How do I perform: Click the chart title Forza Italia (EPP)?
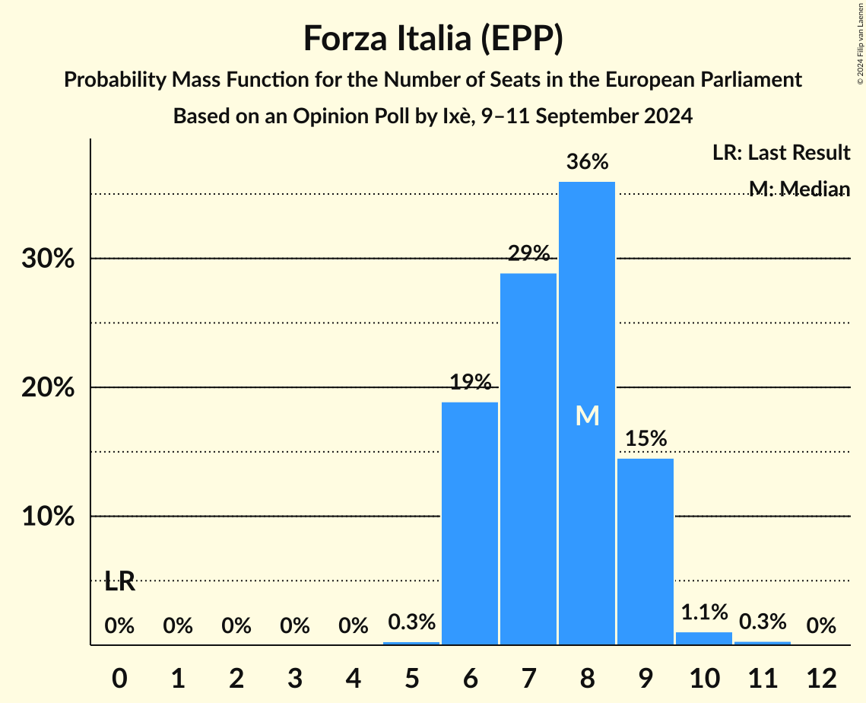pos(433,38)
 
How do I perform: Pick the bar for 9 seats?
pos(646,552)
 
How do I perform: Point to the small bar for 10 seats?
pos(704,638)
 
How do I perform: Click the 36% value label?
pos(587,162)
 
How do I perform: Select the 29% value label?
pos(528,253)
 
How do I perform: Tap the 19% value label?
pos(470,383)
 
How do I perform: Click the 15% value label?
pos(646,439)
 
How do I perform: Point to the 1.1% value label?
pos(704,612)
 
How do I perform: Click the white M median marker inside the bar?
pos(587,415)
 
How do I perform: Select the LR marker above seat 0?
pos(119,582)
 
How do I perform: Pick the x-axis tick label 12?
pos(821,677)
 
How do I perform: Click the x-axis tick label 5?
pos(411,677)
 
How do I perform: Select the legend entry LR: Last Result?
pos(781,153)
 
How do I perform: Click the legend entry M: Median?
pos(798,189)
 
